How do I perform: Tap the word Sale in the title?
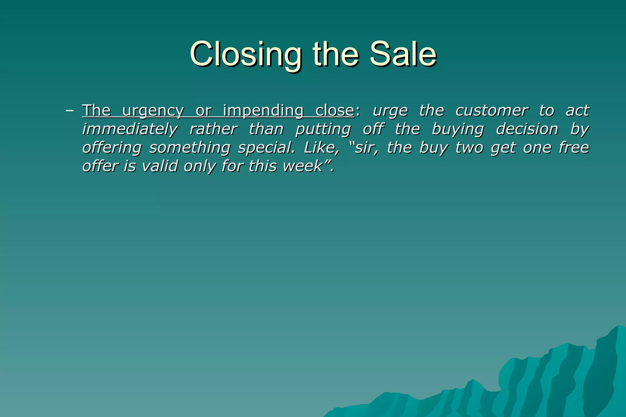(x=403, y=54)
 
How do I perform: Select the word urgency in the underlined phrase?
(x=153, y=111)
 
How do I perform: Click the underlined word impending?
(x=263, y=111)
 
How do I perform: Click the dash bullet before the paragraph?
(x=70, y=111)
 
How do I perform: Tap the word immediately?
(x=130, y=129)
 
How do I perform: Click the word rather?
(x=213, y=129)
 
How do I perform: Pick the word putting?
(x=323, y=129)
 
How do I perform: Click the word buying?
(x=458, y=129)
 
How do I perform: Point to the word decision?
(x=527, y=129)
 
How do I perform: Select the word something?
(x=190, y=148)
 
